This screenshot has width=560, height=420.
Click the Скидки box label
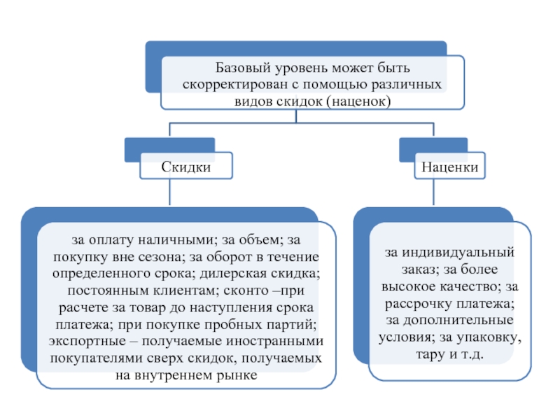tap(185, 167)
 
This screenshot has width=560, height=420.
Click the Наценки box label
tap(449, 167)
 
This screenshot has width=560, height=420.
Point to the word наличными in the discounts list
tap(176, 239)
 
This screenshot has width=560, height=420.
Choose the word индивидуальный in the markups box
tap(458, 253)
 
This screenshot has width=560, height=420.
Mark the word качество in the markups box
tap(468, 286)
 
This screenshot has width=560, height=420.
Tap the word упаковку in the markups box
tap(489, 337)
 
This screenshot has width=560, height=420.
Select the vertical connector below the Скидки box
tap(169, 192)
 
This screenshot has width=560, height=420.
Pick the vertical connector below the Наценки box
tap(433, 192)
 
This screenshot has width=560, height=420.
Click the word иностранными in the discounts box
tap(274, 341)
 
